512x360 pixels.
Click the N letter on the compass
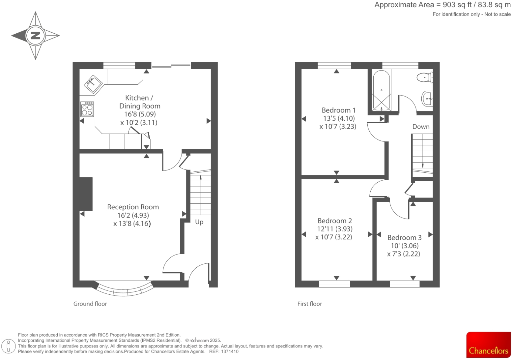tap(35, 35)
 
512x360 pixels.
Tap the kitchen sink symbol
tap(94, 83)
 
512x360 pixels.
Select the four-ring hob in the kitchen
tap(87, 109)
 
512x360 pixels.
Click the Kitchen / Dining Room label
tap(139, 102)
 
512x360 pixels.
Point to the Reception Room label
tap(133, 207)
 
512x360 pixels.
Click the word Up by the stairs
tap(199, 222)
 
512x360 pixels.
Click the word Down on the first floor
tap(421, 127)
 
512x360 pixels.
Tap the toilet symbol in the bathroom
tap(424, 78)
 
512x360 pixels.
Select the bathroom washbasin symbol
tap(427, 98)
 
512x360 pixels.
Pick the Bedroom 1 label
tap(338, 110)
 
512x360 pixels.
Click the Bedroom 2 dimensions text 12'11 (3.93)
tap(335, 229)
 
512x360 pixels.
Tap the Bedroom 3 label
tap(404, 237)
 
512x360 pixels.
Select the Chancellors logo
tap(488, 345)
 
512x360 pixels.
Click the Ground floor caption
tap(90, 304)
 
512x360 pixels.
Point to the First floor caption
tap(309, 304)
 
